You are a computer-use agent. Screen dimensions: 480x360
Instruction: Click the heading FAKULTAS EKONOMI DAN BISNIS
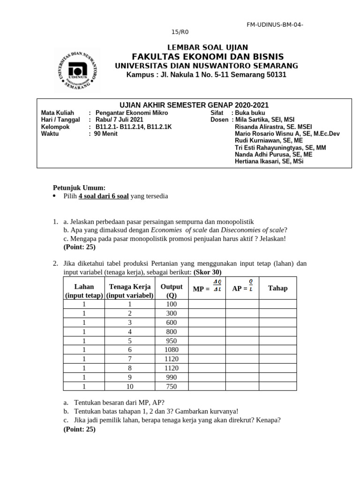(x=208, y=57)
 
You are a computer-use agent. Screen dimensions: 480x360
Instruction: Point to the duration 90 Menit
(x=106, y=134)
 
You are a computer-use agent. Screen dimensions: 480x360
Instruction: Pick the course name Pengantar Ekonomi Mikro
(x=131, y=113)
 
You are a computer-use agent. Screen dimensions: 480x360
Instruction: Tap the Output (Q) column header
(x=172, y=291)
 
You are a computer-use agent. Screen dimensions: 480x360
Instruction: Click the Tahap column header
(x=277, y=288)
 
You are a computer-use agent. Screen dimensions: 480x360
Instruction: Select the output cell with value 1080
(x=172, y=350)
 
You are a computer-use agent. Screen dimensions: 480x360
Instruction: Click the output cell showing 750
(x=172, y=386)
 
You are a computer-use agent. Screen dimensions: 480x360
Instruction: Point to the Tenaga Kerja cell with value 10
(x=130, y=386)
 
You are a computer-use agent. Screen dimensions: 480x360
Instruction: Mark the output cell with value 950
(x=172, y=340)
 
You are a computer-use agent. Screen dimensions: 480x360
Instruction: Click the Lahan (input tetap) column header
(x=84, y=291)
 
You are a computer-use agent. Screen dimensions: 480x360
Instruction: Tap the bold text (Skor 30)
(x=207, y=272)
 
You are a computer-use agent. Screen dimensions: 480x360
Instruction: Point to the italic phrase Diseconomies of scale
(x=253, y=230)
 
